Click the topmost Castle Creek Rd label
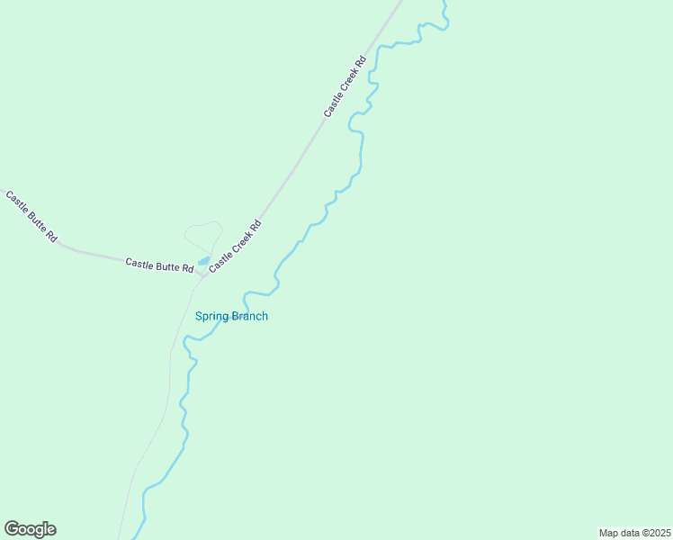(345, 86)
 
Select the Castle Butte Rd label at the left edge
(31, 216)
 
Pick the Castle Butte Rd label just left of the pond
(159, 265)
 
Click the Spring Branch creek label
(231, 316)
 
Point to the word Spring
(212, 316)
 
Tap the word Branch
(250, 316)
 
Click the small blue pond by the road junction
(204, 261)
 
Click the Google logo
(30, 529)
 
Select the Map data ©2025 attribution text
(634, 533)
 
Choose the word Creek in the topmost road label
(347, 84)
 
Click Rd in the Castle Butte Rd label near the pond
(188, 269)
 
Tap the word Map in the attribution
(609, 533)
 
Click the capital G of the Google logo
(12, 529)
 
